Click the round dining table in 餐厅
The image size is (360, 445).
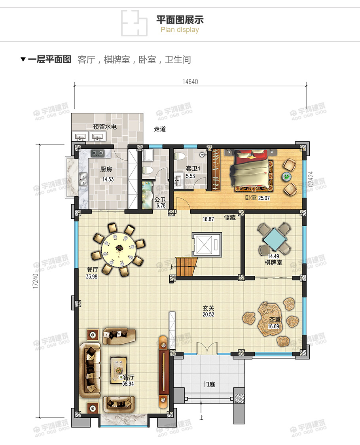(119, 248)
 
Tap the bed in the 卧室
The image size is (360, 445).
(251, 169)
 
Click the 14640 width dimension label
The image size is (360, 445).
(190, 82)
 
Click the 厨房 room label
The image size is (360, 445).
(106, 169)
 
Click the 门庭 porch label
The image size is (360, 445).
(209, 384)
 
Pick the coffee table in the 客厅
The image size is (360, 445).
(118, 369)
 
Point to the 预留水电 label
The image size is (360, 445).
(105, 127)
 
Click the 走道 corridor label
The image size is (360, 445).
(160, 129)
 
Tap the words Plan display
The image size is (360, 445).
(180, 30)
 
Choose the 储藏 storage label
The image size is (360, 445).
(230, 218)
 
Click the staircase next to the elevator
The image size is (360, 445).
(186, 266)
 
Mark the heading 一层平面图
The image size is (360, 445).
(49, 60)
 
